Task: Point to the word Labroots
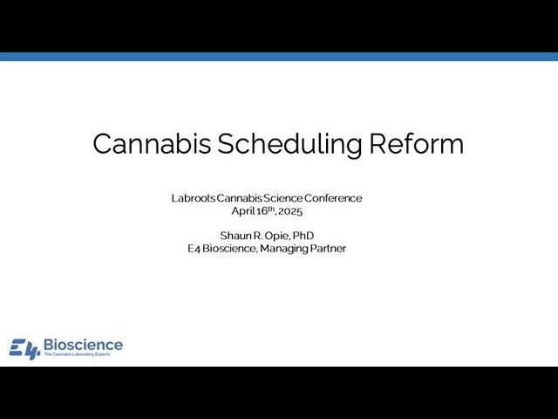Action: [194, 198]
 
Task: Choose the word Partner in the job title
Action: [329, 249]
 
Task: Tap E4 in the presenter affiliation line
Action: [194, 249]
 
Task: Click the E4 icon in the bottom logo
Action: [24, 348]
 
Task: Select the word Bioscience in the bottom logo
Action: [83, 345]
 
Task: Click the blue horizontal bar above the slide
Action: [279, 57]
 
